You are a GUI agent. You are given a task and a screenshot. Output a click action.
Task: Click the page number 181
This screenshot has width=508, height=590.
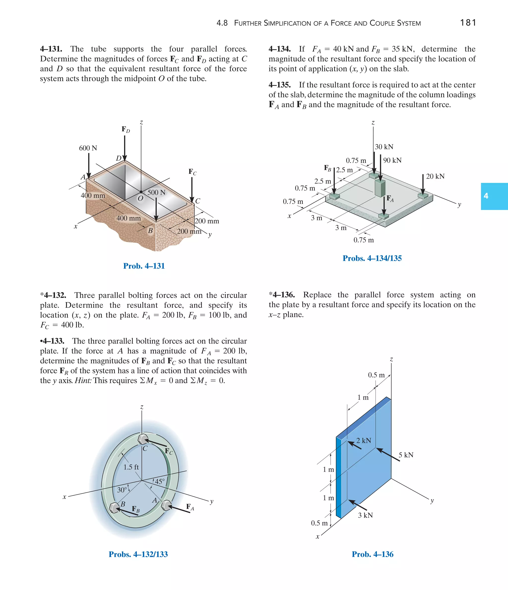pyautogui.click(x=468, y=23)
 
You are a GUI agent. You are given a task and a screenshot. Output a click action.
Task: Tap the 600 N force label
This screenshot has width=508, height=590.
pyautogui.click(x=88, y=148)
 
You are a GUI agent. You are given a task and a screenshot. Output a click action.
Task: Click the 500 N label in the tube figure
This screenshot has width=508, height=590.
pyautogui.click(x=156, y=193)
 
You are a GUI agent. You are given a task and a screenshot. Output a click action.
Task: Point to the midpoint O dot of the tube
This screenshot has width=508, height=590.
pyautogui.click(x=141, y=192)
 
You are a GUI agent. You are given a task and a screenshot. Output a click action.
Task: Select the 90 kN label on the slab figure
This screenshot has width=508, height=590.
pyautogui.click(x=392, y=160)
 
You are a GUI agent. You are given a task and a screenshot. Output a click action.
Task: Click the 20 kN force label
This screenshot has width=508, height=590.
pyautogui.click(x=435, y=176)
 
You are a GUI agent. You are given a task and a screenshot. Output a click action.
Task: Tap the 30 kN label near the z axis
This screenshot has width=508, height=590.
pyautogui.click(x=384, y=147)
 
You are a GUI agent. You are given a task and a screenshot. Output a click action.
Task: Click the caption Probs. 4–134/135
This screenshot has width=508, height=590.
pyautogui.click(x=372, y=258)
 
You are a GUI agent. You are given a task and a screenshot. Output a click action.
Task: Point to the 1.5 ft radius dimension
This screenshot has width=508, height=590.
pyautogui.click(x=131, y=467)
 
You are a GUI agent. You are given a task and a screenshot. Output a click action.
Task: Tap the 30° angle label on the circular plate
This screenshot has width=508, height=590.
pyautogui.click(x=122, y=490)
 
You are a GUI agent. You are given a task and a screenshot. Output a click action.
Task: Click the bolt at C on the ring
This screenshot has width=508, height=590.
pyautogui.click(x=142, y=439)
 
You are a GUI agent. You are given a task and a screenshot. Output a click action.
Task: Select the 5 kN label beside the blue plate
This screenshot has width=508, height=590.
pyautogui.click(x=406, y=455)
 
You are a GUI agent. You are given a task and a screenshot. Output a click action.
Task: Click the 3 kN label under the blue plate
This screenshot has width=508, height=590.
pyautogui.click(x=365, y=515)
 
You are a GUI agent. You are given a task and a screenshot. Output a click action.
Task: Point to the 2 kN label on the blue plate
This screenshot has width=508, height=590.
pyautogui.click(x=364, y=441)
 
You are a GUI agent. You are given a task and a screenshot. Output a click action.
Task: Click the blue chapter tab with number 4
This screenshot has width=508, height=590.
pyautogui.click(x=494, y=196)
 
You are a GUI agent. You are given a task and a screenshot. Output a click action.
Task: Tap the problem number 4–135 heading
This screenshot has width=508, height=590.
pyautogui.click(x=280, y=85)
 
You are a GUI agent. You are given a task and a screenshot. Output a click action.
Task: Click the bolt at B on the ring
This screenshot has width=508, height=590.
pyautogui.click(x=114, y=508)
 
